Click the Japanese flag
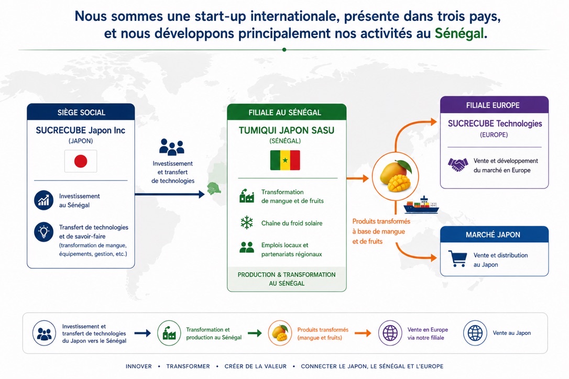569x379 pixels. [81, 161]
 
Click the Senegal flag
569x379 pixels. [285, 160]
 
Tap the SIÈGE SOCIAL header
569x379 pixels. [81, 112]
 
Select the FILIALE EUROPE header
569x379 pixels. [494, 105]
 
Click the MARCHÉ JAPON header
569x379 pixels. [494, 235]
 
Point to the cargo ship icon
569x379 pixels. [421, 205]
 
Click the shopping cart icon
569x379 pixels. [457, 259]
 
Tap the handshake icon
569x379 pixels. [458, 165]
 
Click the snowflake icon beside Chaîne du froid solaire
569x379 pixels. [247, 222]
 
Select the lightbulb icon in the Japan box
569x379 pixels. [44, 231]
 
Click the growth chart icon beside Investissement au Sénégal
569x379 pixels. [44, 200]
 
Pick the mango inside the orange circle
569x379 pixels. [396, 176]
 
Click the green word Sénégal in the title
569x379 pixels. [459, 34]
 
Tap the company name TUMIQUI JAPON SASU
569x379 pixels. [286, 130]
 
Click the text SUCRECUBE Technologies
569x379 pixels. [495, 124]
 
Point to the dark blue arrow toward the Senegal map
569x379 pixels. [170, 194]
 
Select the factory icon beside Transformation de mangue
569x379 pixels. [247, 196]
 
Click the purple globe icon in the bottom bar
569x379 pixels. [390, 333]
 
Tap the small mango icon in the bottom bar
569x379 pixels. [280, 333]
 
